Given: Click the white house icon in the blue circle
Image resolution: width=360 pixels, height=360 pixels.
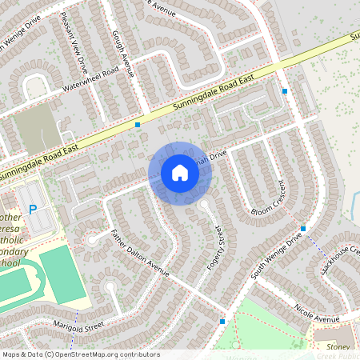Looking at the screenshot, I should pyautogui.click(x=180, y=173).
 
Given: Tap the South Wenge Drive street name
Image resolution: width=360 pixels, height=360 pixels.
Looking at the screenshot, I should pyautogui.click(x=277, y=254).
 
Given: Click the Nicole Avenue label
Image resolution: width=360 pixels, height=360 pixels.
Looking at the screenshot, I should pyautogui.click(x=317, y=313).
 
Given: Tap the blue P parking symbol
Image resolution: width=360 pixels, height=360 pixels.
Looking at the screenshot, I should pyautogui.click(x=33, y=210).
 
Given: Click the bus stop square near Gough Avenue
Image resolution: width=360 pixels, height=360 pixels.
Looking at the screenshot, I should pyautogui.click(x=138, y=125).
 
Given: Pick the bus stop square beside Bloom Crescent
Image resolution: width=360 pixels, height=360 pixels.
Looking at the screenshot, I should pyautogui.click(x=303, y=229).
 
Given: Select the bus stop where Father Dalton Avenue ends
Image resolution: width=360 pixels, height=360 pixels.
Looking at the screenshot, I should pyautogui.click(x=222, y=322).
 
